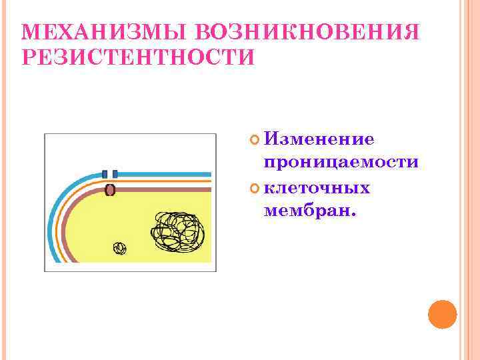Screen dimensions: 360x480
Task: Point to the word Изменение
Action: point(319,139)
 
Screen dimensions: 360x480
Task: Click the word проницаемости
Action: point(341,163)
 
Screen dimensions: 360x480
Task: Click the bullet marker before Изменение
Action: point(253,139)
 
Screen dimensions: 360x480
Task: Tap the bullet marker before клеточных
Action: point(253,188)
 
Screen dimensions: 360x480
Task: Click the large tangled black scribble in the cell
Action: point(178,229)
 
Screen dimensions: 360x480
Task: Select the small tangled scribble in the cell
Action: point(119,249)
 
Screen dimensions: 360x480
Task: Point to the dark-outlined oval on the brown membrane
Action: point(111,191)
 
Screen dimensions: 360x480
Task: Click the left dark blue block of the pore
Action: point(105,174)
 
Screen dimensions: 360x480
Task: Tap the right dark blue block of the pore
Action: point(115,174)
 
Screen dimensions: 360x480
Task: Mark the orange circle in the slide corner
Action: point(442,314)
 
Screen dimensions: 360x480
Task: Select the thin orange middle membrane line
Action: point(167,181)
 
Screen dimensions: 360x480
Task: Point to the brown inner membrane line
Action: point(167,191)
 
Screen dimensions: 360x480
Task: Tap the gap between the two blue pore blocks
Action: point(110,174)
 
